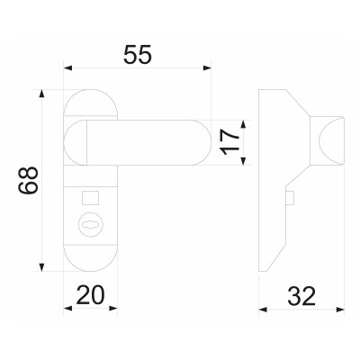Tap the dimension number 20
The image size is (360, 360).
point(91,294)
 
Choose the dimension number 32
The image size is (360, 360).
point(302,294)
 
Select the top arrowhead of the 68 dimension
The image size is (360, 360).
point(42,93)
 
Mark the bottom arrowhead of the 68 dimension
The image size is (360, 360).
point(42,268)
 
